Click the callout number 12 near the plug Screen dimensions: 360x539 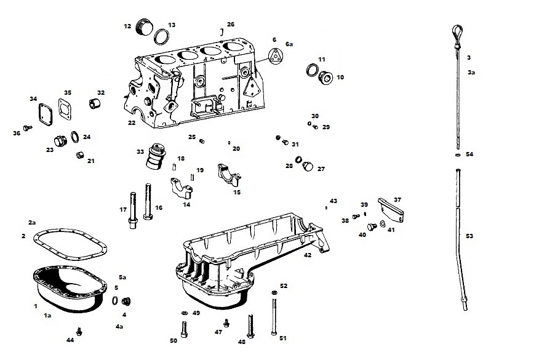pos(127,26)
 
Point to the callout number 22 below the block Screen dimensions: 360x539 pos(132,123)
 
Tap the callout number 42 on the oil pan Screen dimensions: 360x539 pos(307,254)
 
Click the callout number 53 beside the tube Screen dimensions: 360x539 pos(469,236)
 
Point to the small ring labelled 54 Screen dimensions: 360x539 pos(457,155)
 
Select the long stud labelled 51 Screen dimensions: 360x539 pos(273,316)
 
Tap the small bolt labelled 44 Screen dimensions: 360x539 pos(78,330)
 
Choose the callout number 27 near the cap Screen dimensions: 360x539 pos(321,169)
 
